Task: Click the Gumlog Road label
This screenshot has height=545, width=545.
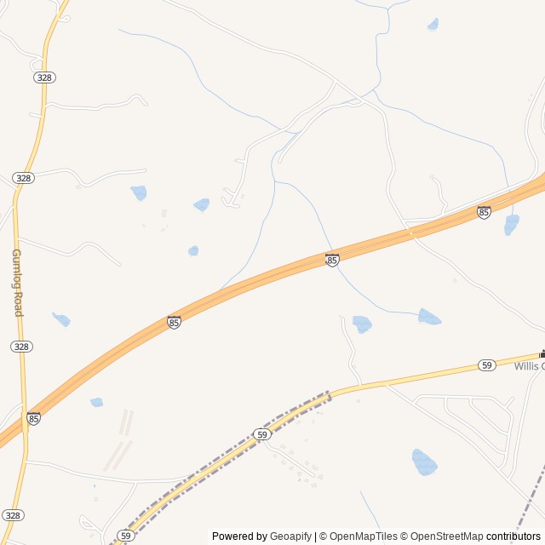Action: (x=17, y=283)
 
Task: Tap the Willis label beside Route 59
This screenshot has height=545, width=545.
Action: (x=528, y=366)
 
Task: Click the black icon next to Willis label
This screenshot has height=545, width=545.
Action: (x=542, y=353)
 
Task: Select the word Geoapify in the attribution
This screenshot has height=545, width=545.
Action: (x=290, y=536)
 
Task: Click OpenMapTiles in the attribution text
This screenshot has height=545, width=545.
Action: (x=363, y=536)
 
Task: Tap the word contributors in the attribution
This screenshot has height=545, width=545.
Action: (x=513, y=536)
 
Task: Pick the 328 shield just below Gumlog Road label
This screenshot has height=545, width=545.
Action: (x=22, y=347)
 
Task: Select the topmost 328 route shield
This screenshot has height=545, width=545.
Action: (x=44, y=77)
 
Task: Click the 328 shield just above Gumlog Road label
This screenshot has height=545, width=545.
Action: (x=24, y=177)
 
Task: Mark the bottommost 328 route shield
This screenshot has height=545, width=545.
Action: (x=13, y=515)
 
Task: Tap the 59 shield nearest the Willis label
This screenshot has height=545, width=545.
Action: (x=486, y=364)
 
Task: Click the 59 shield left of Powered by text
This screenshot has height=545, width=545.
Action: (x=126, y=536)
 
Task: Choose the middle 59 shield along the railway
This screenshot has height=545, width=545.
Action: (x=262, y=434)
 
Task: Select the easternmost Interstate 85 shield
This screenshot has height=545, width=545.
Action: (x=484, y=212)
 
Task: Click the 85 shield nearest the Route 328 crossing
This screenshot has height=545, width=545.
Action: (x=33, y=418)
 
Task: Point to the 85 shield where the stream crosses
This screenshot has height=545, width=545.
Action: (x=332, y=260)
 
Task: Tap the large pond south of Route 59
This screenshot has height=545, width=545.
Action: (x=423, y=462)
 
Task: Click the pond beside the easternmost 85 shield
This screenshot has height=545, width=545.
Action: (x=511, y=225)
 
